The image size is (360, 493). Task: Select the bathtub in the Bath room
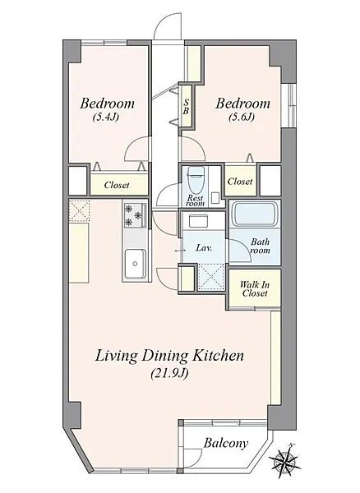pos(255,214)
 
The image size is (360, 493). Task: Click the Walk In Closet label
pos(255,289)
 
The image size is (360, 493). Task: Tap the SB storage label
pos(186,107)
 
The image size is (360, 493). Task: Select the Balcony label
pos(226,444)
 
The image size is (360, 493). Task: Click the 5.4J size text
pos(105,117)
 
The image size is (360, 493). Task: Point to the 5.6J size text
pos(241,117)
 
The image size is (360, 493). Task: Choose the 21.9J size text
pos(169,374)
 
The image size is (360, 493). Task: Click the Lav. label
pos(204,248)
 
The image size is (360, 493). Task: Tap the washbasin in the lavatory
pos(198,221)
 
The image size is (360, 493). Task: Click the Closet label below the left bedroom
pos(117,185)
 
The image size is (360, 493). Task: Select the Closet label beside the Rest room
pos(240,182)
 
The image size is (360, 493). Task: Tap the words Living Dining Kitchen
pos(169,357)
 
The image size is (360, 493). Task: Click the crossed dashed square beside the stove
pos(80,210)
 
